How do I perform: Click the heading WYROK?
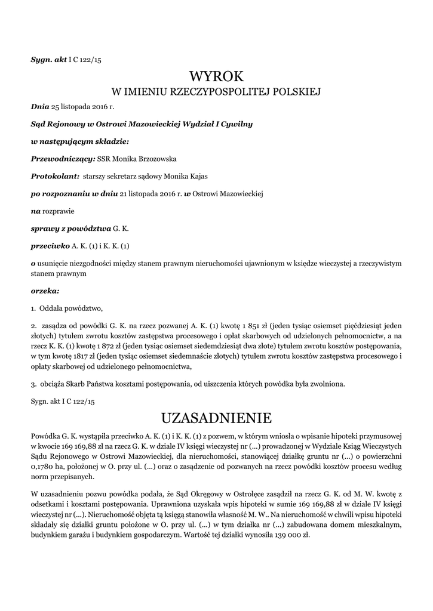(x=217, y=76)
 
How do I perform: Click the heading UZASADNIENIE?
(x=216, y=416)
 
